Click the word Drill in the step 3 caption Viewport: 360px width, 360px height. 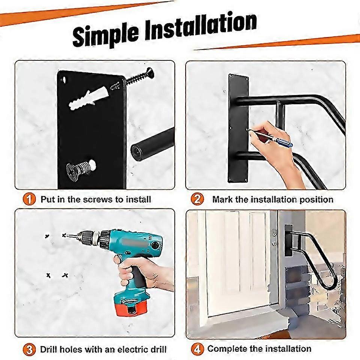pyautogui.click(x=51, y=349)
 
